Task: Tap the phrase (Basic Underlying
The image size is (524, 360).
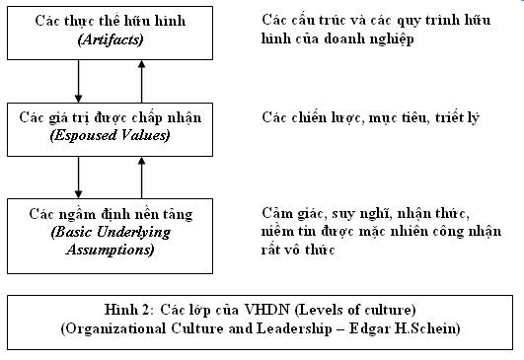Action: (x=111, y=231)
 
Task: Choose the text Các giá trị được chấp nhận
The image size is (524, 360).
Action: (x=110, y=117)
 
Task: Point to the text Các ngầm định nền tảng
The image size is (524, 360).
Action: (x=110, y=213)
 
